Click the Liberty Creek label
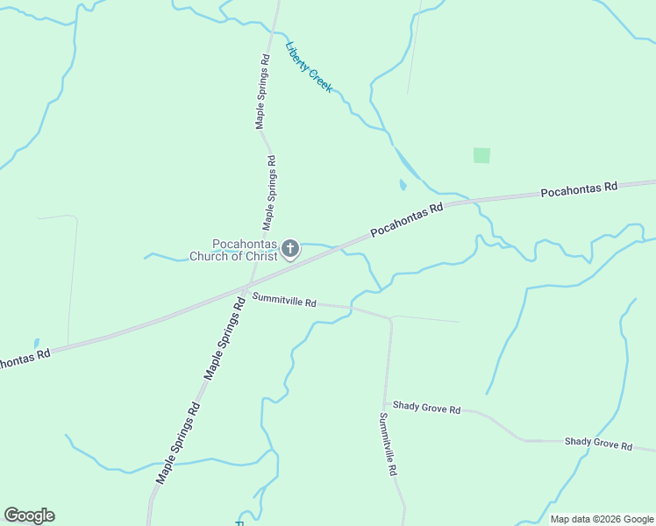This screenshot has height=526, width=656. [x=309, y=68]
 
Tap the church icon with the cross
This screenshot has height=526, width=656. [x=291, y=250]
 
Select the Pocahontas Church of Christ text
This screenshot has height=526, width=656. [x=233, y=251]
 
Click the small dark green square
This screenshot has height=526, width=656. [x=481, y=155]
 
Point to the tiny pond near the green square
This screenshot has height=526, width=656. [x=403, y=185]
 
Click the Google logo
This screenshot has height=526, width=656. [x=29, y=515]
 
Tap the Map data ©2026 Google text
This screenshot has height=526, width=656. [x=602, y=519]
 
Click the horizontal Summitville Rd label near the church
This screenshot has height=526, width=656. [x=284, y=300]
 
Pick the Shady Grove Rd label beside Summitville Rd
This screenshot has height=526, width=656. [x=426, y=408]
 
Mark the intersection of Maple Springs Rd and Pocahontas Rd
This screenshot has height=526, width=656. [x=246, y=288]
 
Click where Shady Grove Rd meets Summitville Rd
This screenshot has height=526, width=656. [x=386, y=405]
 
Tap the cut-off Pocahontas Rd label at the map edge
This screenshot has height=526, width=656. [x=24, y=359]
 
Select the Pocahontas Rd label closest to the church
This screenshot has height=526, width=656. [x=407, y=220]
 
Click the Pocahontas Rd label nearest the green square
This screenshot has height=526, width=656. [x=579, y=188]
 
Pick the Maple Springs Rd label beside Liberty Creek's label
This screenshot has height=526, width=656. [x=261, y=91]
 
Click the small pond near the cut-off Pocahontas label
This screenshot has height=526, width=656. [x=36, y=343]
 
